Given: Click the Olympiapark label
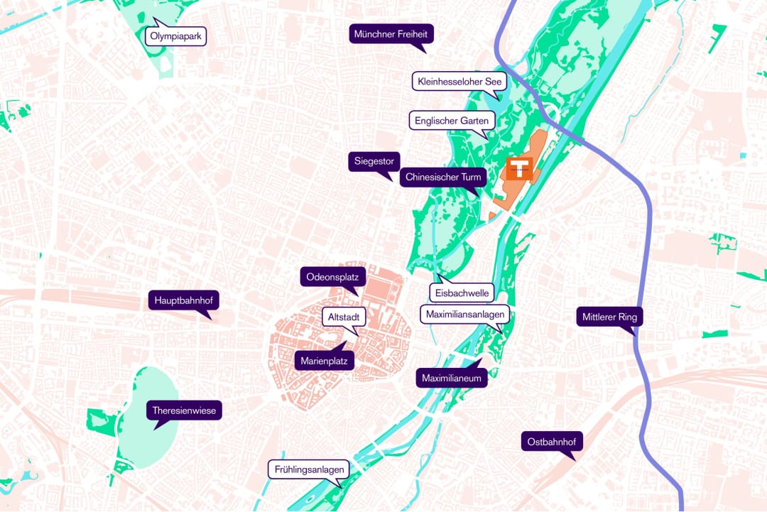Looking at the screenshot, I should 175,36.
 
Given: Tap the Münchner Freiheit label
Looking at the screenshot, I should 392,33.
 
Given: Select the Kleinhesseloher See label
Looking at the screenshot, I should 459,82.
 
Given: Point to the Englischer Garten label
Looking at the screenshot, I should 451,121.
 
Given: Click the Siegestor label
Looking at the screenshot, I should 374,161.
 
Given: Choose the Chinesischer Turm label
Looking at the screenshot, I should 443,177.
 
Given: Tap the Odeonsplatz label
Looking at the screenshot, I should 332,276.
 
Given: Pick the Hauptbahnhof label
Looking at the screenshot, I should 183,300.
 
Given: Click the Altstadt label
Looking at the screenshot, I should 344,317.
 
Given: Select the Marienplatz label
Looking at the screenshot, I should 324,361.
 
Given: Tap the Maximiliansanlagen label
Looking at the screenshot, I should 465,314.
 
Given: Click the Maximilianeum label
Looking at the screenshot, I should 452,378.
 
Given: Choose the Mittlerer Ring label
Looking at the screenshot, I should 609,317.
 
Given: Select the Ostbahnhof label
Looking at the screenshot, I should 552,442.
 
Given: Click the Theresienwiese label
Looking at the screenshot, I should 184,410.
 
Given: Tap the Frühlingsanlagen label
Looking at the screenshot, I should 310,469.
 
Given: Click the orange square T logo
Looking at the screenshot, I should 519,169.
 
